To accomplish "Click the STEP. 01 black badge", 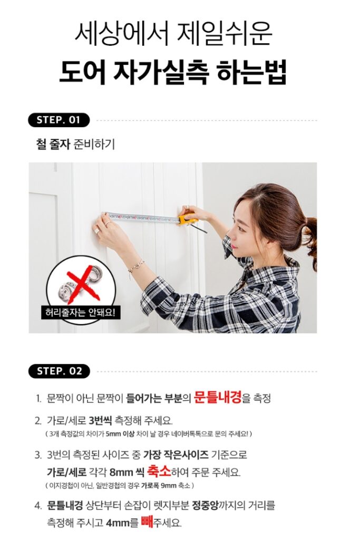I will [x=59, y=120].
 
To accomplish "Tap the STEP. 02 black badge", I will [x=59, y=371].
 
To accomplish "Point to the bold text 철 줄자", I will [x=51, y=144].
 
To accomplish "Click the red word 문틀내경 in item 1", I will [x=218, y=397].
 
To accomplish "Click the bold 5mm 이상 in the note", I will [x=119, y=433].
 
